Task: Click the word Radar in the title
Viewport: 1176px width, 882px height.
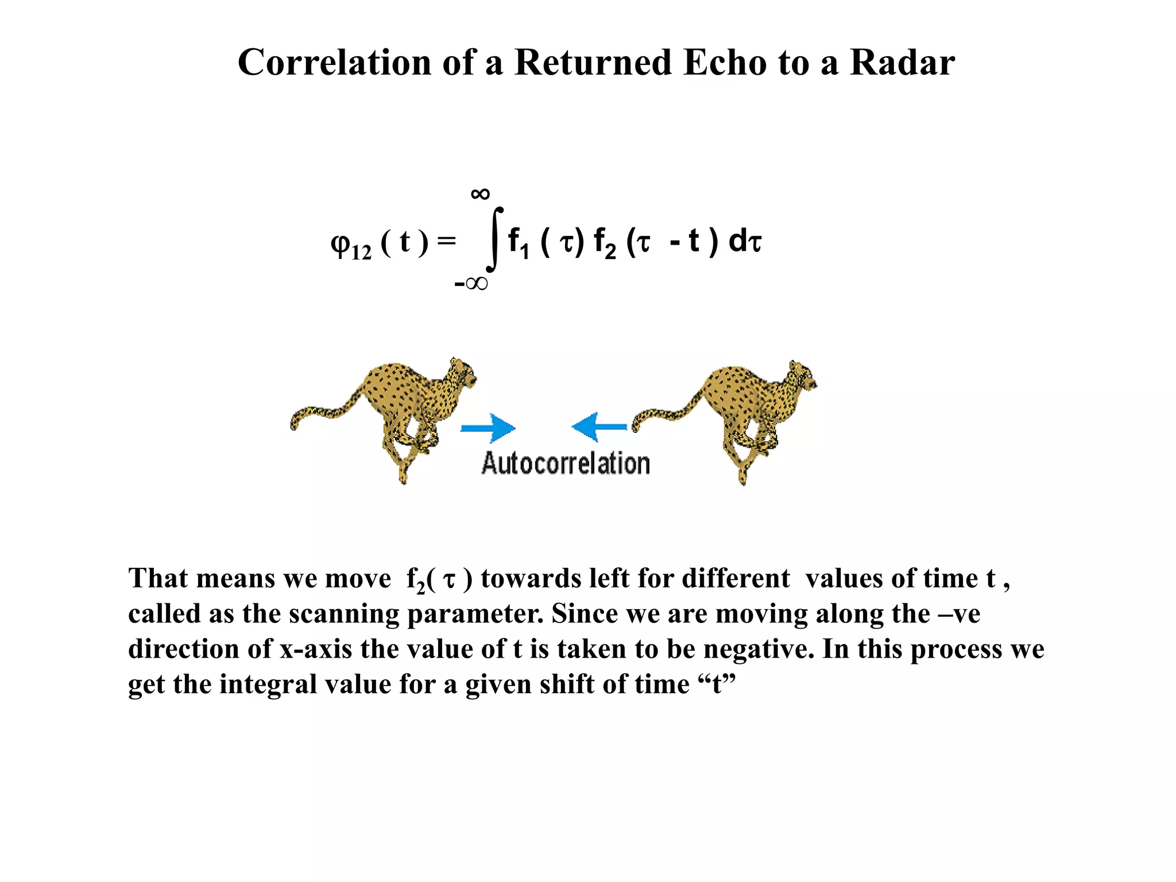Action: pyautogui.click(x=902, y=62)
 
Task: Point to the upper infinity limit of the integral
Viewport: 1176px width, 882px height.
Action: pyautogui.click(x=480, y=194)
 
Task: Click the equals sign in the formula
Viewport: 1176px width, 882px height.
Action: pyautogui.click(x=446, y=241)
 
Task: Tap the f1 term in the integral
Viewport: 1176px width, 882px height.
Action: pyautogui.click(x=518, y=242)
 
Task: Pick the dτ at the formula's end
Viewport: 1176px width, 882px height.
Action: pyautogui.click(x=745, y=241)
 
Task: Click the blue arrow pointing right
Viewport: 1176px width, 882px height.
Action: pyautogui.click(x=488, y=428)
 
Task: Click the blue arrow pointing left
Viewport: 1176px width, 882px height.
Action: pyautogui.click(x=599, y=427)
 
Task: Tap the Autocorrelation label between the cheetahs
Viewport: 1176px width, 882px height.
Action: pyautogui.click(x=566, y=463)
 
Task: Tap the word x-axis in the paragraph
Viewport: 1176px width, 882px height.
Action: pyautogui.click(x=316, y=649)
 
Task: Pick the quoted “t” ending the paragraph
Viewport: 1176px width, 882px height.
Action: pyautogui.click(x=717, y=684)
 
